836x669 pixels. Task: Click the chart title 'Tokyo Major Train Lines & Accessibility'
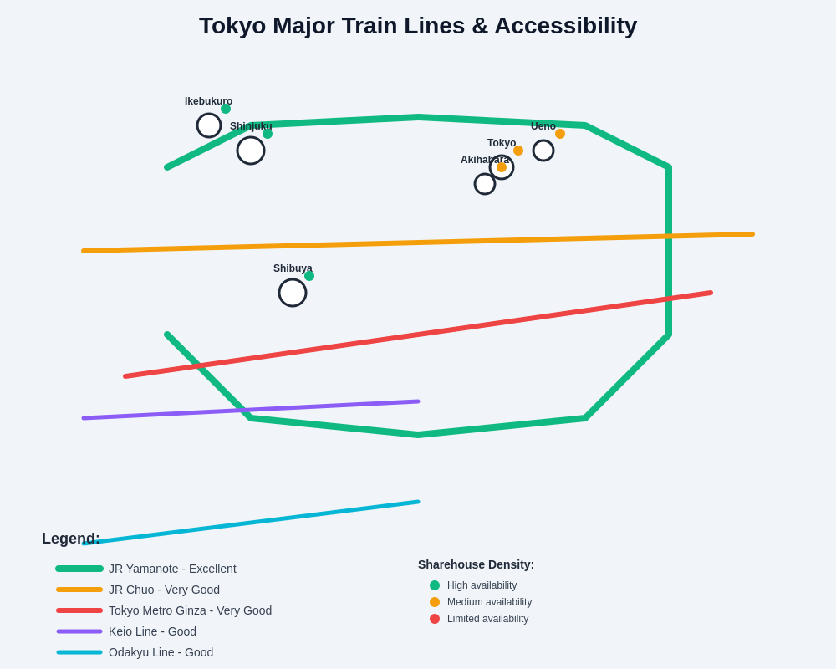tap(418, 26)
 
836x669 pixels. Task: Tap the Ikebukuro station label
tap(208, 101)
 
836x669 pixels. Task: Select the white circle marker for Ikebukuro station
tap(209, 125)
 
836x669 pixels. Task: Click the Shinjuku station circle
tap(251, 151)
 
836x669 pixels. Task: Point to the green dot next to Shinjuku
tap(268, 134)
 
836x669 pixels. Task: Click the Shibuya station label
tap(293, 268)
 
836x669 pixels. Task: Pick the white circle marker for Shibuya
tap(293, 293)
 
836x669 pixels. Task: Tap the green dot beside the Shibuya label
tap(309, 276)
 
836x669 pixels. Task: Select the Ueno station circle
tap(543, 151)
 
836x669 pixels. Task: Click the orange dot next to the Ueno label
tap(560, 134)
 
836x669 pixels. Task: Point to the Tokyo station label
tap(502, 143)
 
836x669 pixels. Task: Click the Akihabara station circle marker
tap(485, 184)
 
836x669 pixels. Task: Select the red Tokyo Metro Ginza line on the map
tap(418, 334)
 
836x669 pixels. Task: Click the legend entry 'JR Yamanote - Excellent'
tap(172, 569)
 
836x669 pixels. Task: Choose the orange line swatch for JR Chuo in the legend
tap(79, 590)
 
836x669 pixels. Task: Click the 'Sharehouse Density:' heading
tap(476, 564)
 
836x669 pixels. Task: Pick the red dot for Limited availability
tap(435, 619)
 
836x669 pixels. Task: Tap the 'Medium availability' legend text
tap(489, 602)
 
